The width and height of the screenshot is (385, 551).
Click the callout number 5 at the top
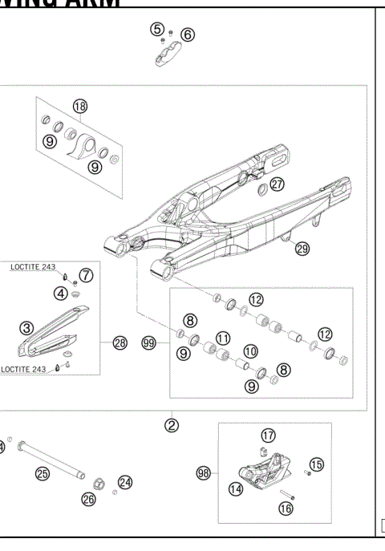coord(157,29)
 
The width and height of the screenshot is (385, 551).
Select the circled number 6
coord(187,34)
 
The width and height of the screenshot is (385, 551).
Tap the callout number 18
coord(79,106)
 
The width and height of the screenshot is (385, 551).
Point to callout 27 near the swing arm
coord(277,184)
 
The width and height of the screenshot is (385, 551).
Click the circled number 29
coord(302,249)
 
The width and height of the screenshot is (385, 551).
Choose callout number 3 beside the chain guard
coord(26,326)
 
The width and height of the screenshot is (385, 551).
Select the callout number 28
coord(120,342)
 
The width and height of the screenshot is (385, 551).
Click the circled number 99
coord(148,342)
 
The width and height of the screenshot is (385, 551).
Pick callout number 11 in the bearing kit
coord(224,338)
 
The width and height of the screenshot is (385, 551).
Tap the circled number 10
coord(250,351)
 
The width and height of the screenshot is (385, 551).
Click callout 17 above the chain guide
coord(268,436)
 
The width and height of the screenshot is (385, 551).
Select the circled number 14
coord(236,487)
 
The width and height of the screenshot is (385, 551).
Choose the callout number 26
coord(88,500)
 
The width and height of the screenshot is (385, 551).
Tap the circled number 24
coord(125,482)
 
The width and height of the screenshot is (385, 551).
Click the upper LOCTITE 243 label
coord(36,265)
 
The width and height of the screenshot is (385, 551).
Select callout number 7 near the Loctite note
coord(87,275)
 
